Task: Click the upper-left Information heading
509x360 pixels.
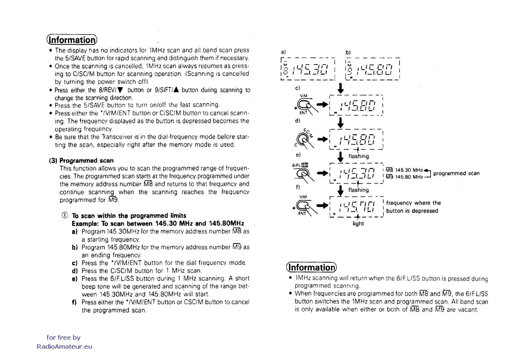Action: point(72,40)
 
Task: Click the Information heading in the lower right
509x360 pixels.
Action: point(311,267)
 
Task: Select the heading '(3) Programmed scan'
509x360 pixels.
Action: point(81,161)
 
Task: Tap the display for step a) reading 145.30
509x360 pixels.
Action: point(308,69)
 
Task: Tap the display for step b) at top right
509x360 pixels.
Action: point(372,69)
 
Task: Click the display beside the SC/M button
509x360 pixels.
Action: point(356,139)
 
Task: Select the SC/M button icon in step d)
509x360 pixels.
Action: point(303,139)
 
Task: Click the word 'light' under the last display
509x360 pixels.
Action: point(358,224)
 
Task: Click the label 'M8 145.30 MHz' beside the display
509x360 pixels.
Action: point(404,170)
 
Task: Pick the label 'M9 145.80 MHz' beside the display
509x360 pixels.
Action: point(404,177)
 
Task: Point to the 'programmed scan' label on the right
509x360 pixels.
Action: point(456,173)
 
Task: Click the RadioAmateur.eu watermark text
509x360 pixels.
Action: point(64,347)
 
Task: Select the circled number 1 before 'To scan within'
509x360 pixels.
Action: point(64,215)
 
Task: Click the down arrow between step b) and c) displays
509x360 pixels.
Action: point(341,88)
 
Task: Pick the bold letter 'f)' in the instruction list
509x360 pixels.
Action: point(74,302)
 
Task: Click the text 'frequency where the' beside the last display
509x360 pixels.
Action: point(413,203)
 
